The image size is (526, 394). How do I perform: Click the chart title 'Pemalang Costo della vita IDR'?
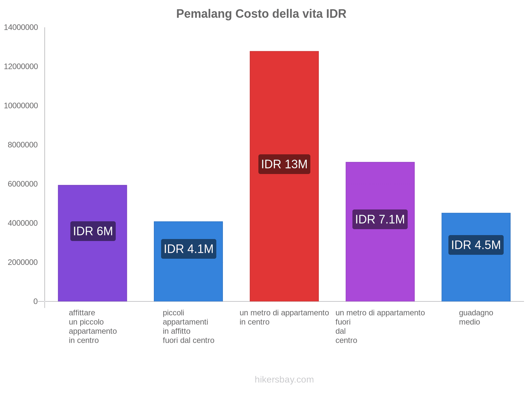coord(261,14)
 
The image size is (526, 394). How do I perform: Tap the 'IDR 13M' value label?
coord(284,164)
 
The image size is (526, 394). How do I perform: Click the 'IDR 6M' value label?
coord(93,231)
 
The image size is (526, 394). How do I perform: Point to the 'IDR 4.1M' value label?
coord(188,249)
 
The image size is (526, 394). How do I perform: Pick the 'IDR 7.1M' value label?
coord(380,219)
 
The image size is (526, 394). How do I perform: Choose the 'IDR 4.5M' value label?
coord(476,245)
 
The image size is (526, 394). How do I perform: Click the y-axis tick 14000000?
coord(21,28)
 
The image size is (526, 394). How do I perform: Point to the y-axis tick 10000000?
coord(21,106)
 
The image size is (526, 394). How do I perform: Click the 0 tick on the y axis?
coord(36,301)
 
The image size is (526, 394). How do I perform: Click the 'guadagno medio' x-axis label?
coord(476,317)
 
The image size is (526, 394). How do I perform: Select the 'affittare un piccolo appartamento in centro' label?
coord(93,326)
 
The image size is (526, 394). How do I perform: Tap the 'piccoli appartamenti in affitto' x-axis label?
coord(188,326)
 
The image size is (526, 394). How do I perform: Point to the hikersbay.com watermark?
coord(284,380)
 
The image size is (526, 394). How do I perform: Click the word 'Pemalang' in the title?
coord(204,14)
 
